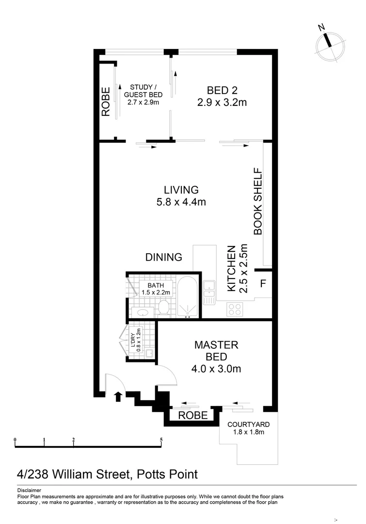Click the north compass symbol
pos(329,44)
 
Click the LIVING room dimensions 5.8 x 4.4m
pos(181,202)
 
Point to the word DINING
pos(164,257)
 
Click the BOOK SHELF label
pos(258,201)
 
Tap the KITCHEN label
pos(232,270)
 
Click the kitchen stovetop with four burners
pos(235,309)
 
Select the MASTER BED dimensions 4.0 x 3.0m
pos(216,369)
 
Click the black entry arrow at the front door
pos(117,397)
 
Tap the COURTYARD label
pos(249,424)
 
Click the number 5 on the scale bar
pos(161,441)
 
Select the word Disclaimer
pos(29,491)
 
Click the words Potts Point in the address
pos(168,474)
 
